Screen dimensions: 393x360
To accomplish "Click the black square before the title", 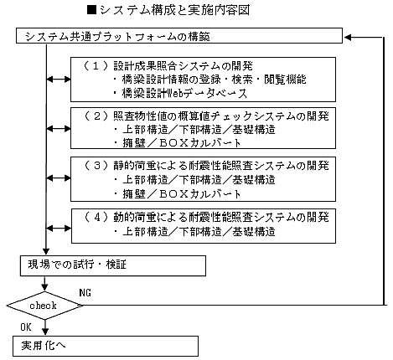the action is [92, 10].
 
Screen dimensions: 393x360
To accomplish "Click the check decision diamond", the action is [44, 306].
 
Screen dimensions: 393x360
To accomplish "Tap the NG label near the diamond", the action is [85, 293].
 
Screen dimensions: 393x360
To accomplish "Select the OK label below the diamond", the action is [26, 327].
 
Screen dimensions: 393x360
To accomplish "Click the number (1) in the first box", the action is [96, 66].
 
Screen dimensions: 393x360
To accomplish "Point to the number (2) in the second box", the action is [96, 116].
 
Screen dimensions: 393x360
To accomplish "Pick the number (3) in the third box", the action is [96, 166].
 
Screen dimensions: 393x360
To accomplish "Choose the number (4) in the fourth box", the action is [96, 217].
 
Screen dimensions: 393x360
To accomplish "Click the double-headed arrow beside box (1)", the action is [59, 80].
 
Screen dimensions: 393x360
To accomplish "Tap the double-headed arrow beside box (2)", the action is [59, 129].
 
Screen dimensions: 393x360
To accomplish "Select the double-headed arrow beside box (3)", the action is [59, 178].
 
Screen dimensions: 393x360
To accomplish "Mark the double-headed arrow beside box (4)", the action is [59, 229].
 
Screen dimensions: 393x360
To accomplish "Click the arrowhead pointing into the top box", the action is [348, 37].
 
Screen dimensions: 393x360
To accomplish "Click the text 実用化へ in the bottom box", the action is [44, 346].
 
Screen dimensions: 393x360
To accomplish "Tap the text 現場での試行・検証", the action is [77, 265].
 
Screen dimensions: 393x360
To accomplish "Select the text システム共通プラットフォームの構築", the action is [117, 37].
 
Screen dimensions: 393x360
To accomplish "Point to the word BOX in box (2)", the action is [173, 143].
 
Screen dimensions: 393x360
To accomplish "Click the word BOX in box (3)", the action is [173, 193].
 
